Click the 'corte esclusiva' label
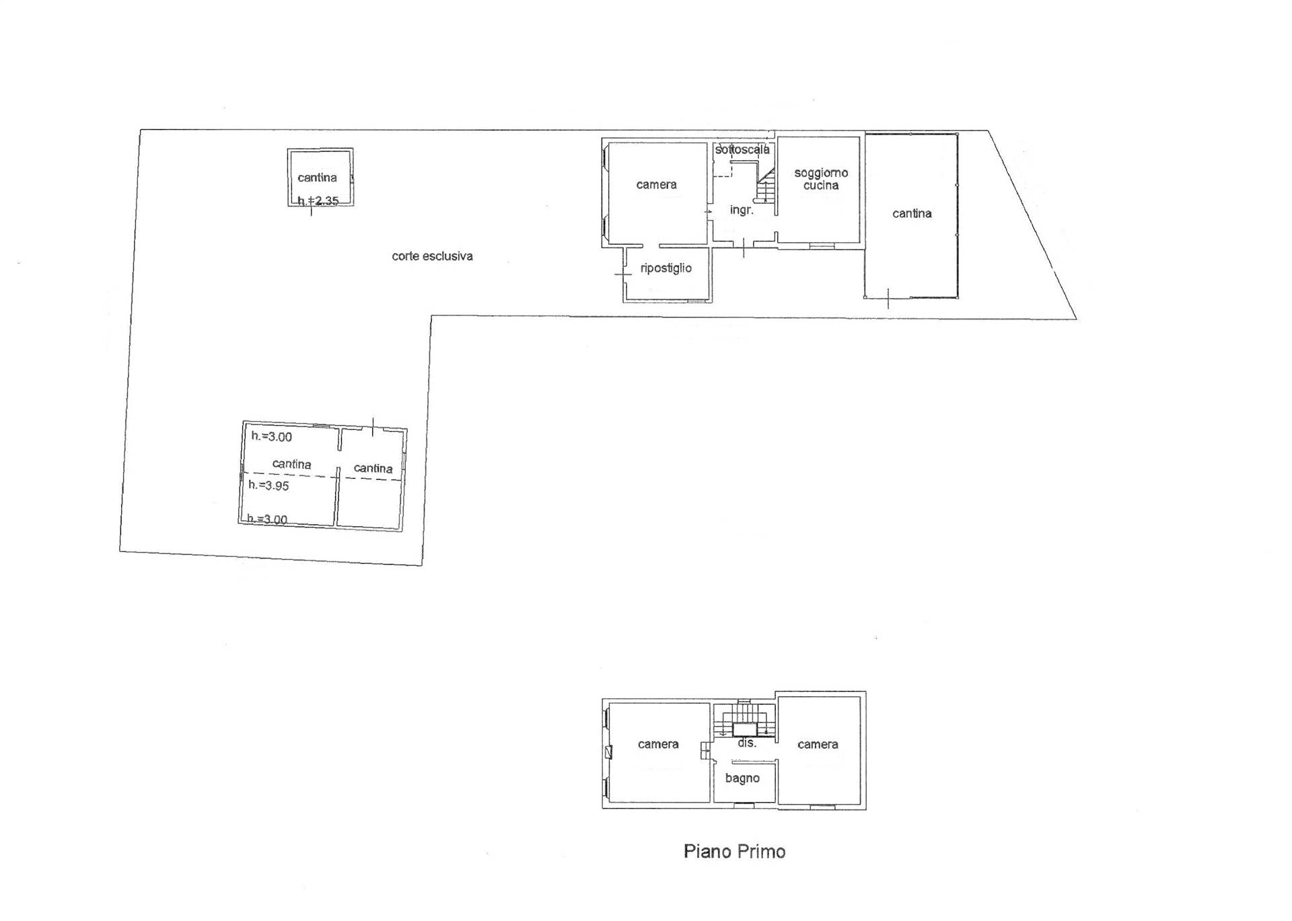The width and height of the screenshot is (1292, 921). pyautogui.click(x=432, y=256)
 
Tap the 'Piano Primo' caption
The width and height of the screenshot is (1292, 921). pyautogui.click(x=734, y=852)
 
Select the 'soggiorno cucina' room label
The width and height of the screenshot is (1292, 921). pyautogui.click(x=821, y=179)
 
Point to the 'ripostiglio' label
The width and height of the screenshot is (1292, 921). pyautogui.click(x=666, y=268)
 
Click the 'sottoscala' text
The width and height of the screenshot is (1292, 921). pyautogui.click(x=742, y=149)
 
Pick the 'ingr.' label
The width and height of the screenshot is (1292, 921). pyautogui.click(x=742, y=210)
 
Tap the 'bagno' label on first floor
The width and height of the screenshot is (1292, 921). pyautogui.click(x=742, y=778)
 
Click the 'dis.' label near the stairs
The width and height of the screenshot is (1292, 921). pyautogui.click(x=747, y=743)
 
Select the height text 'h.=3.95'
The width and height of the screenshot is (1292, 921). pyautogui.click(x=268, y=485)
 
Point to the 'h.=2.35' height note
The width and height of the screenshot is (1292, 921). pyautogui.click(x=318, y=200)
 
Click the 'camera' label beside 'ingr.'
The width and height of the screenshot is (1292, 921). pyautogui.click(x=656, y=185)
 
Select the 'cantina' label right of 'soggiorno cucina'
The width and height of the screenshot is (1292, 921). pyautogui.click(x=912, y=214)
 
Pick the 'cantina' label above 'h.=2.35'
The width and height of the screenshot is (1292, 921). pyautogui.click(x=317, y=178)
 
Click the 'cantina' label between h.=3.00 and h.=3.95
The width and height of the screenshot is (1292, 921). pyautogui.click(x=291, y=464)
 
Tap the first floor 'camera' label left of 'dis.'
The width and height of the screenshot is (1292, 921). pyautogui.click(x=658, y=744)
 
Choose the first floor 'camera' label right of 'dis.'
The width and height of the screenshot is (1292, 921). pyautogui.click(x=818, y=744)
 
